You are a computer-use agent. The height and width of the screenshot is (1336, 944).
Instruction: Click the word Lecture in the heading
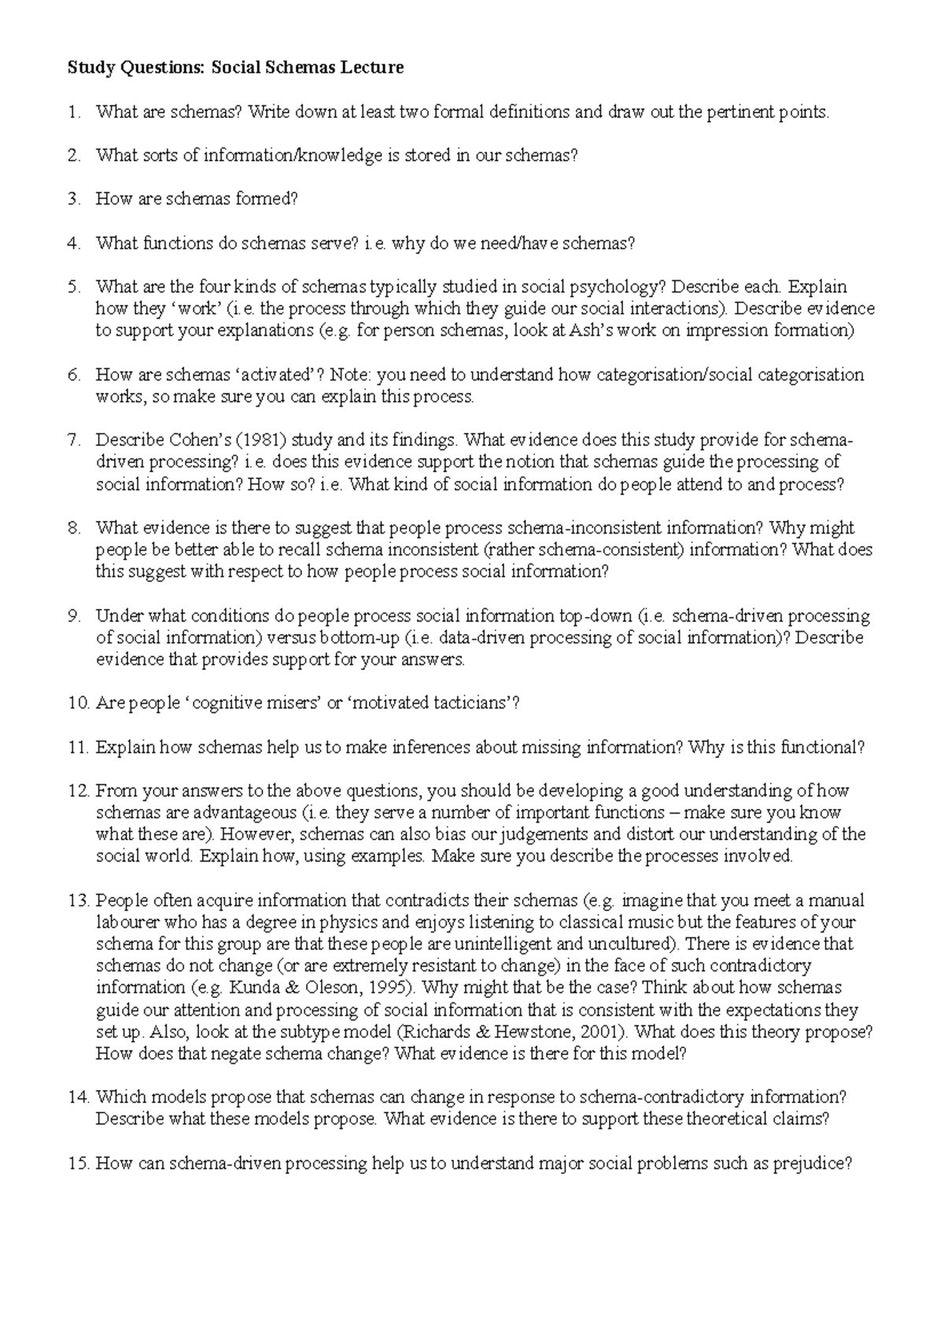click(x=371, y=68)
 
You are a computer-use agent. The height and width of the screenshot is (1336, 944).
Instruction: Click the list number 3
click(x=74, y=199)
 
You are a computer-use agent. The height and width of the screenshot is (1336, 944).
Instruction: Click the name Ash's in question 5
click(x=590, y=330)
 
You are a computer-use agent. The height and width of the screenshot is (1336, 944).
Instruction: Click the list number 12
click(x=77, y=790)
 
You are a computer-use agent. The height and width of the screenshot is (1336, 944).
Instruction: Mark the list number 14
click(x=77, y=1097)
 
